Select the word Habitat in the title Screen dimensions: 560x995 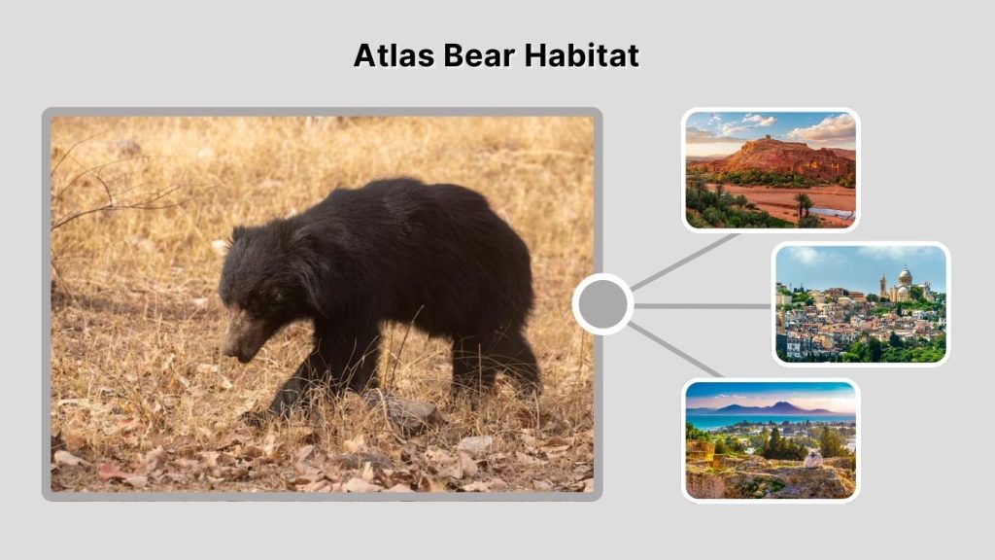pos(581,55)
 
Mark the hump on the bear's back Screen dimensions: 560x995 pos(389,190)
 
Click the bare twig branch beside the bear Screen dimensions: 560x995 pos(107,194)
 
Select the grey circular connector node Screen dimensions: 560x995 pos(602,304)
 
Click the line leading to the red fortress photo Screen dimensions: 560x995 pos(685,262)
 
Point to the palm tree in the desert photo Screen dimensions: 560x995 pos(803,202)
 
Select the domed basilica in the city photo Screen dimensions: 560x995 pos(905,283)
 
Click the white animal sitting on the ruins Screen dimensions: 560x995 pos(812,458)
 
